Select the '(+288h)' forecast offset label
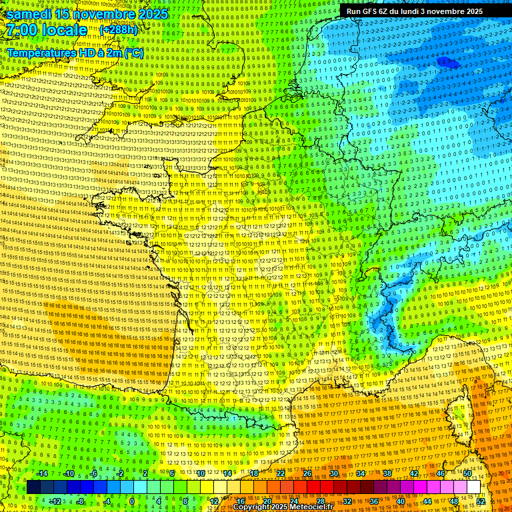point(118,30)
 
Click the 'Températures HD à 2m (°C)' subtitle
point(75,52)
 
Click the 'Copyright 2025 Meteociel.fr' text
point(283,507)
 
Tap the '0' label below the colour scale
point(131,501)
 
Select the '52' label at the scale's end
point(481,501)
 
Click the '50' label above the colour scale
point(467,473)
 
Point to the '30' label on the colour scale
point(334,473)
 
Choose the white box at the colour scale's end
point(473,487)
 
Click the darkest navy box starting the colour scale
point(33,487)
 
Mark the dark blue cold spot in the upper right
point(448,63)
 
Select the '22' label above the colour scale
point(281,473)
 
